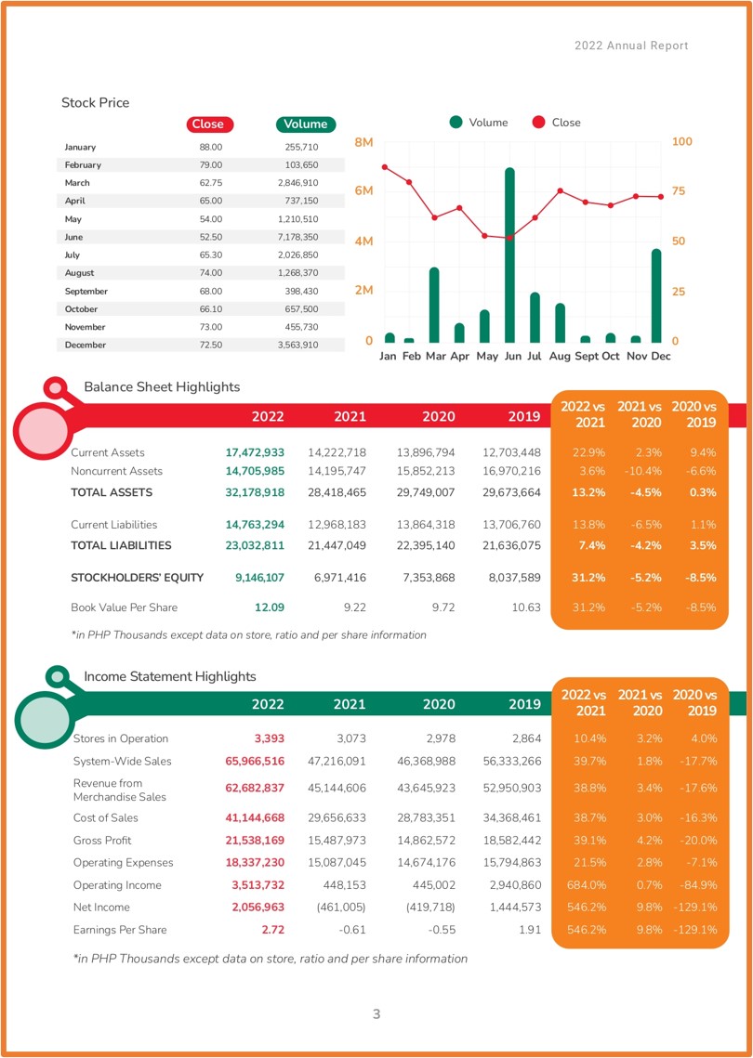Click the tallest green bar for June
(509, 255)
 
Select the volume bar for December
(655, 295)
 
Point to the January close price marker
(385, 166)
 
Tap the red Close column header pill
(208, 124)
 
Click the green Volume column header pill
(305, 124)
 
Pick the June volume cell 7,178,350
(297, 238)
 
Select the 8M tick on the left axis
(363, 142)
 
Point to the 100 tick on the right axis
(682, 142)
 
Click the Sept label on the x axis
(587, 357)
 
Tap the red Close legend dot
(538, 123)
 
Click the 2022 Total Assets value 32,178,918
(255, 492)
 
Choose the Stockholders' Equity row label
(137, 578)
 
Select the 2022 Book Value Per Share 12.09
(270, 607)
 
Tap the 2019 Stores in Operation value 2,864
(525, 738)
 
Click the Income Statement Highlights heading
(170, 676)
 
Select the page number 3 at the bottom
(376, 1013)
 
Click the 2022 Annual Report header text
(631, 46)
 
